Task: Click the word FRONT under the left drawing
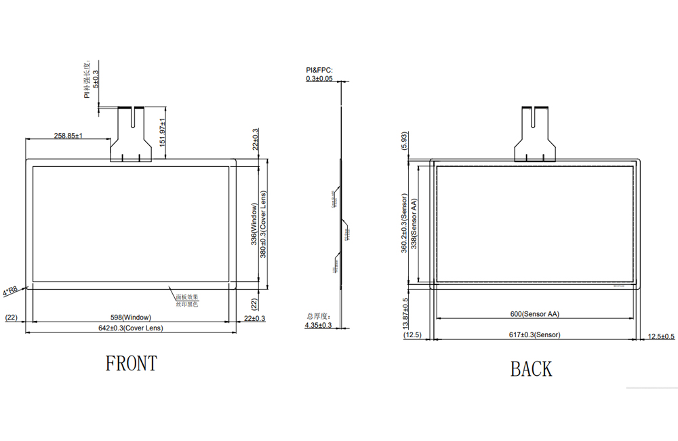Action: pyautogui.click(x=131, y=364)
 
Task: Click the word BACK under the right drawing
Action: pyautogui.click(x=531, y=369)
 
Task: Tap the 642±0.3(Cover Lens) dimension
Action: pyautogui.click(x=131, y=328)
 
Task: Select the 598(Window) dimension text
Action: pyautogui.click(x=130, y=318)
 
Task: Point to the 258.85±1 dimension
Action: pyautogui.click(x=68, y=136)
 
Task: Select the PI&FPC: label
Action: pyautogui.click(x=319, y=70)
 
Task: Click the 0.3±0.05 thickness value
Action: pyautogui.click(x=319, y=79)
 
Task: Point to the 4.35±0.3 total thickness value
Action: pyautogui.click(x=318, y=326)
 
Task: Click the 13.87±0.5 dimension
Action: pyautogui.click(x=405, y=313)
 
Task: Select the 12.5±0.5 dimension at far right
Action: pyautogui.click(x=661, y=337)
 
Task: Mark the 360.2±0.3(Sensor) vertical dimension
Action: pyautogui.click(x=404, y=224)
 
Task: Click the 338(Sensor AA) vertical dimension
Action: pyautogui.click(x=414, y=224)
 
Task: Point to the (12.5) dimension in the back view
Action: pyautogui.click(x=412, y=335)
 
